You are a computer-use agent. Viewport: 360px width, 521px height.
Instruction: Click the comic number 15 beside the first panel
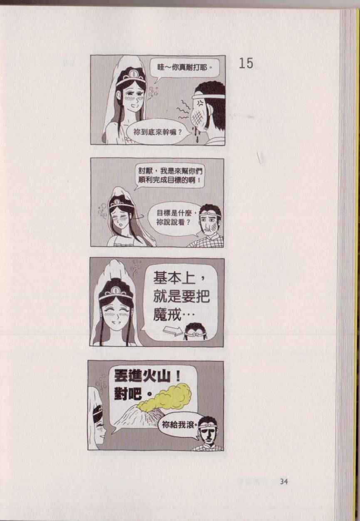(x=246, y=63)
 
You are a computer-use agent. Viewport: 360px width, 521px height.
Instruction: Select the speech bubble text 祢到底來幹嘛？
(x=157, y=132)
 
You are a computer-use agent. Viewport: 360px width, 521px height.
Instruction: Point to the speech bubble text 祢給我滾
(x=179, y=425)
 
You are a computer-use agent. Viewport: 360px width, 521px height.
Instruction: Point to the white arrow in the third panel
(x=173, y=330)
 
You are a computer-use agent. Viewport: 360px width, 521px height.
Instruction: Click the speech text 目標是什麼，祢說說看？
(x=175, y=218)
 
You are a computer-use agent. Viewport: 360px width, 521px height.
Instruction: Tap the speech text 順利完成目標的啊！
(x=169, y=180)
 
